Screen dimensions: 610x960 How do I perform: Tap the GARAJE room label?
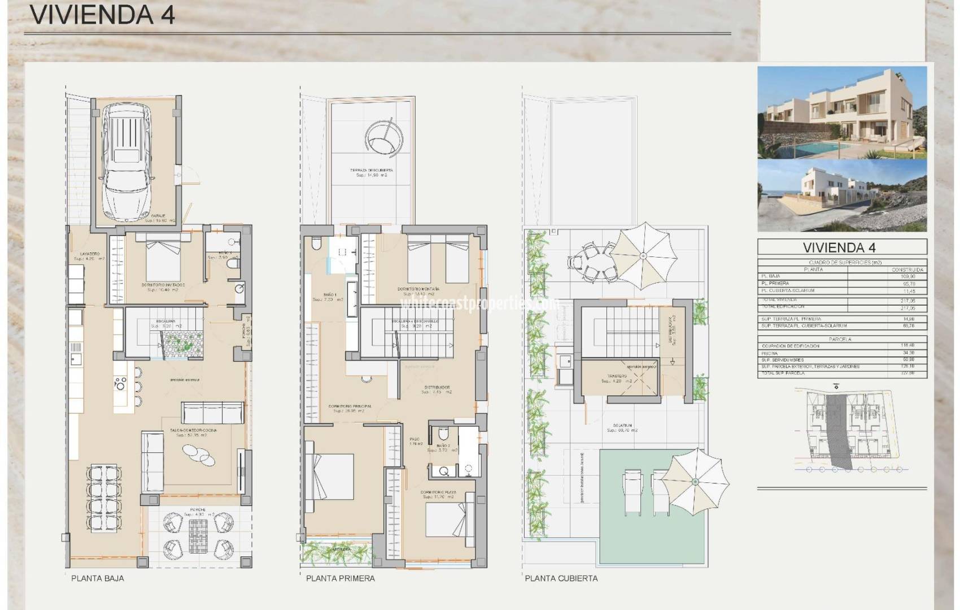158,216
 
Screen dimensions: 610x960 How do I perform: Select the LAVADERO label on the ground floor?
90,254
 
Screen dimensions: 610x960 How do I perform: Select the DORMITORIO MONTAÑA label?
418,289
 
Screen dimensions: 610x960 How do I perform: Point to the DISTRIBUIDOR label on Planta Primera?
437,387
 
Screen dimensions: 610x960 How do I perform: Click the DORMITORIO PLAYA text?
438,492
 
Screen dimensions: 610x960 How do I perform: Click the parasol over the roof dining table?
643,256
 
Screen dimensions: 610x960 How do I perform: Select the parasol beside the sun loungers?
695,481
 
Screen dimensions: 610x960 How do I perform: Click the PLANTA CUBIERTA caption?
561,578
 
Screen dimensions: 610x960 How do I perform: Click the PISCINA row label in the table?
770,353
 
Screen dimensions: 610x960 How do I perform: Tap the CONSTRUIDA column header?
908,270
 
